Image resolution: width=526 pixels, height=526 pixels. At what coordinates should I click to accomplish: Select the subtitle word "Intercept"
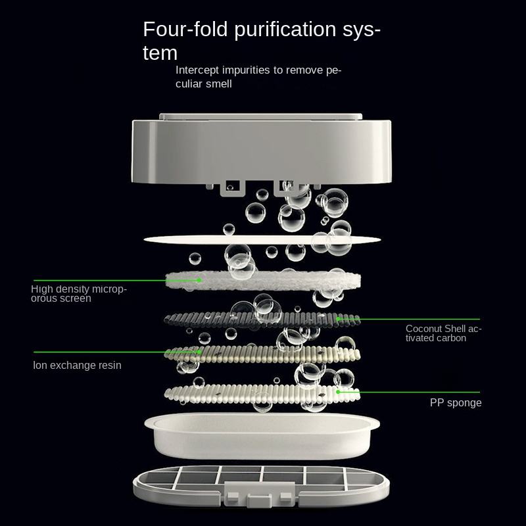198,70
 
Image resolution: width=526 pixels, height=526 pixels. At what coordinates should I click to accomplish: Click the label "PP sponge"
456,402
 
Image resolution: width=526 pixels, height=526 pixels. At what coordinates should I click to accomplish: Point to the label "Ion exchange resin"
78,365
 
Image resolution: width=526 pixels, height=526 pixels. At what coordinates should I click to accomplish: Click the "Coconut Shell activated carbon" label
443,333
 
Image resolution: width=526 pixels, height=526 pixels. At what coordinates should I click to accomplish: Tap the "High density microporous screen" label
79,293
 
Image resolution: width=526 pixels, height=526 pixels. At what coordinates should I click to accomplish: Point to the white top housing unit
263,151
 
